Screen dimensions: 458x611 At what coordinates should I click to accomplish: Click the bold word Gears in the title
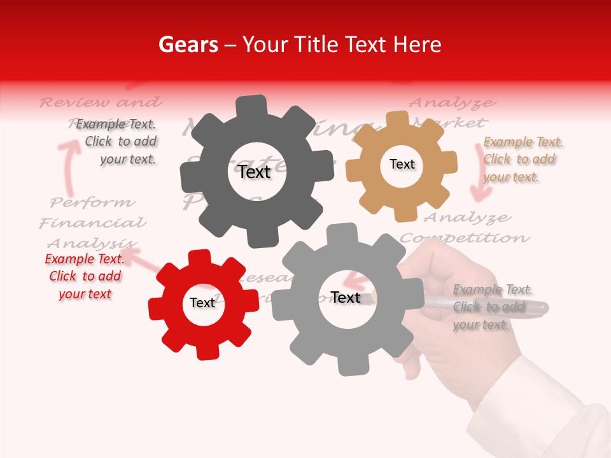(x=188, y=45)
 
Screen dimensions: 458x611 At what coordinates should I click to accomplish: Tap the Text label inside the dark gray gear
(x=255, y=172)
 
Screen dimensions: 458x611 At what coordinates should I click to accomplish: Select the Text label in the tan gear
(x=402, y=164)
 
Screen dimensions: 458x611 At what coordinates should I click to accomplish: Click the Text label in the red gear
(x=202, y=303)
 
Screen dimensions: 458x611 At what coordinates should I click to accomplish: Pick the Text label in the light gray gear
(x=345, y=297)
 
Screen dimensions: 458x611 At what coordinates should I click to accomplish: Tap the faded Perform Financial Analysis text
(x=92, y=223)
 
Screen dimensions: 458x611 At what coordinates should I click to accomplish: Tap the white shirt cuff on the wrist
(x=547, y=407)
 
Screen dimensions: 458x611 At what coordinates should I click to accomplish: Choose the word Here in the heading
(x=418, y=45)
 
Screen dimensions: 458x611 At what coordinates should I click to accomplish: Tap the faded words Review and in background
(x=101, y=102)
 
